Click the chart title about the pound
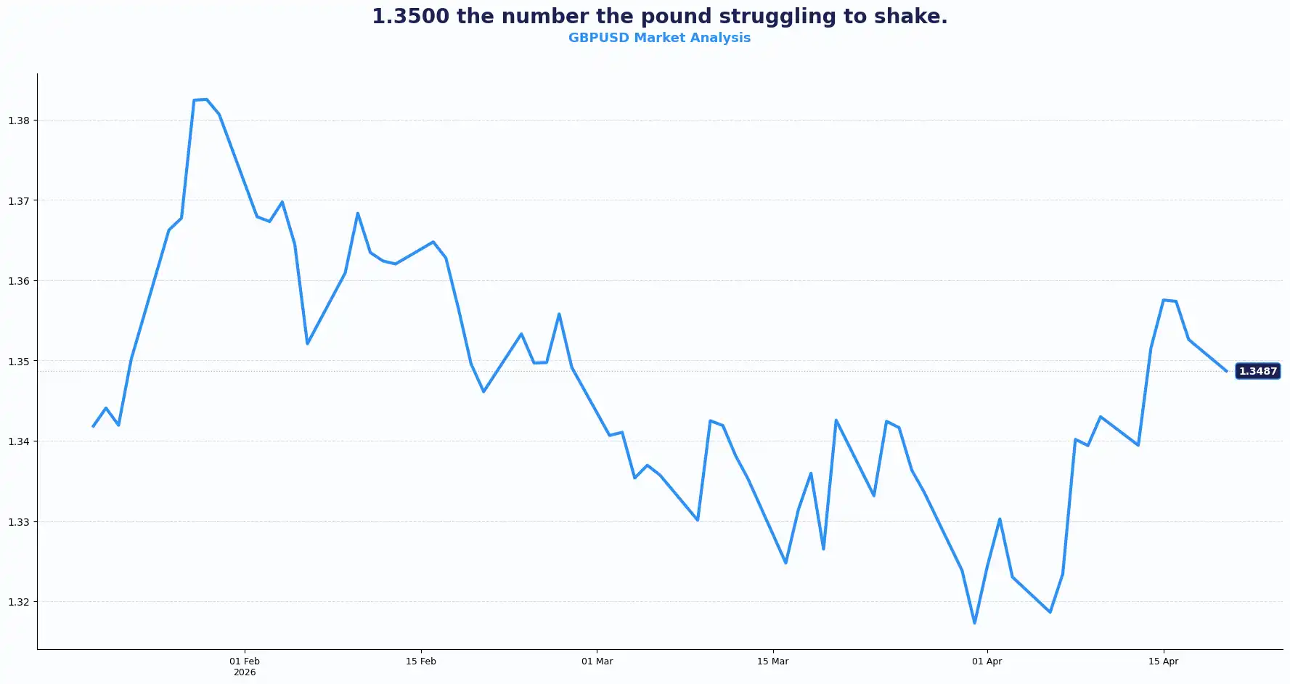click(659, 16)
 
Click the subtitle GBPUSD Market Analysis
click(659, 38)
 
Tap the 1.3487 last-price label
click(1257, 371)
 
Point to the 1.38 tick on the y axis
click(19, 121)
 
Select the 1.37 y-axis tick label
click(19, 201)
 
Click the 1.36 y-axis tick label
click(19, 281)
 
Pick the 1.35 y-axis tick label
click(19, 362)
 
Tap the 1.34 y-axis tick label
click(19, 441)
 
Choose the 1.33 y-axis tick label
click(19, 522)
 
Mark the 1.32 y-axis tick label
click(19, 602)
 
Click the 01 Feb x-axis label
click(245, 661)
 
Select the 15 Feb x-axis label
click(421, 661)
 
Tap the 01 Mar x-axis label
click(597, 661)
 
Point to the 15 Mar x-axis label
click(772, 661)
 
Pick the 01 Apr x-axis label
click(987, 661)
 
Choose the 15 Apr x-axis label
click(1163, 661)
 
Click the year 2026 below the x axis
click(245, 672)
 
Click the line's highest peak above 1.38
click(206, 99)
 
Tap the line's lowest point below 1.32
click(974, 623)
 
